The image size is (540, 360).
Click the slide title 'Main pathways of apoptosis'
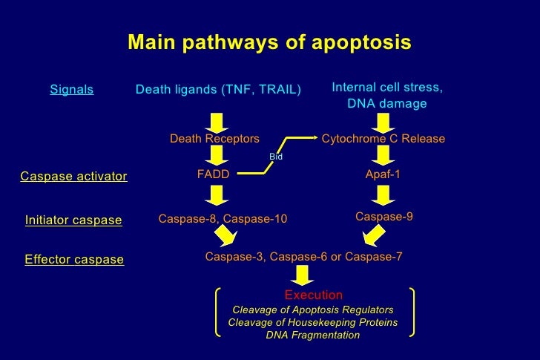(x=269, y=42)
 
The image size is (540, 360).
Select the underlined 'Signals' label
(x=72, y=90)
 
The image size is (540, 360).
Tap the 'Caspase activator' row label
(x=73, y=177)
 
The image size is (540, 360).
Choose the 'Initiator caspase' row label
(x=73, y=220)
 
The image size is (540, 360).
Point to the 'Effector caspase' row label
(x=74, y=260)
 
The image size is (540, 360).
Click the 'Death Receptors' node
(x=214, y=139)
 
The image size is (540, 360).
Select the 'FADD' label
(x=213, y=174)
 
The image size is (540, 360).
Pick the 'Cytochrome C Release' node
(x=383, y=139)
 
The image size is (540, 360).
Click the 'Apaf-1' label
(x=383, y=174)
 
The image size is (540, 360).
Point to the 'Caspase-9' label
(x=384, y=217)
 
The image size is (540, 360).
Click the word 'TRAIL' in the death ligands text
(x=277, y=90)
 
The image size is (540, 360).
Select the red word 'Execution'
(x=314, y=295)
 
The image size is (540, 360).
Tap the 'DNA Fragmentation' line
(x=312, y=336)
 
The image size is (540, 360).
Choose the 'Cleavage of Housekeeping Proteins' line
(x=312, y=322)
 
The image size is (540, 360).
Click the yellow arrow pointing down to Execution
(x=303, y=275)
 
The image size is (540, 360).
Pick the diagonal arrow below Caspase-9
(x=374, y=235)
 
